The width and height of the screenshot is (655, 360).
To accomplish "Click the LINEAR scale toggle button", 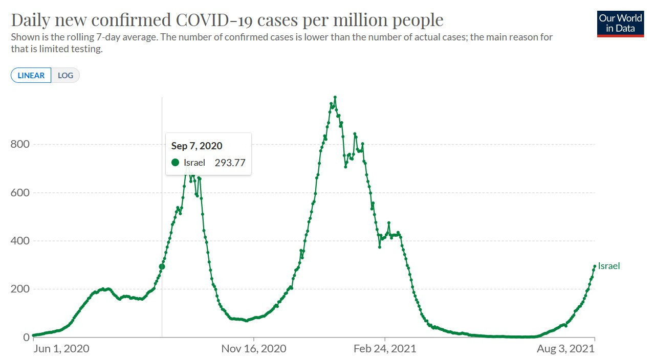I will click(31, 76).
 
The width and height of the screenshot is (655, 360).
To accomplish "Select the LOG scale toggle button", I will click(65, 76).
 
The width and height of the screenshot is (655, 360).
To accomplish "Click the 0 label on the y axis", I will click(26, 337).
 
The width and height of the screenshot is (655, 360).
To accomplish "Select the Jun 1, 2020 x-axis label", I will click(61, 349).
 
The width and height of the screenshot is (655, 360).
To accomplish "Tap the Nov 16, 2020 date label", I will click(254, 349).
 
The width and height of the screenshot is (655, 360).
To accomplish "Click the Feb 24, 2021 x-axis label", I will click(385, 349).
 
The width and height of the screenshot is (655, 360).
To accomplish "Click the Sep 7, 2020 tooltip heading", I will click(197, 146).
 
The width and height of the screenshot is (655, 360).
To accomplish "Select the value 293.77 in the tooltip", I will click(230, 163).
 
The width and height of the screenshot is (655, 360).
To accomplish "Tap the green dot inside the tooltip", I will click(176, 163).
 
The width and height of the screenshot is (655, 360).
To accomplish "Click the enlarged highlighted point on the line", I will click(162, 266).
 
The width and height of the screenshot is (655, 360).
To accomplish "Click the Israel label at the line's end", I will click(609, 266).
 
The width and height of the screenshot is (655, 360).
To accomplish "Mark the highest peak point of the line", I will click(335, 97).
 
